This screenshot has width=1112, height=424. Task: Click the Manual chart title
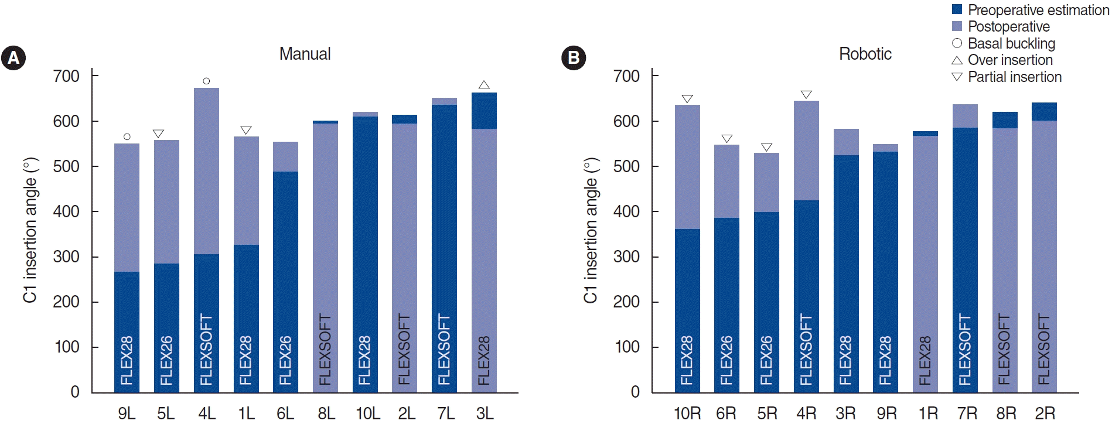coord(305,54)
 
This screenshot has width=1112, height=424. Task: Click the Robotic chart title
coord(865,54)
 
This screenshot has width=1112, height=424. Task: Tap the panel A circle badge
coord(13,58)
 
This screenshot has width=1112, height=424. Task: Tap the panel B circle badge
coord(574,58)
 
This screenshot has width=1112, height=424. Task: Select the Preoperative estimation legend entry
coord(1031,10)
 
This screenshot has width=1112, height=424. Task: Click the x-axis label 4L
coord(206,413)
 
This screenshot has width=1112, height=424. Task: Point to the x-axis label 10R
coord(687,413)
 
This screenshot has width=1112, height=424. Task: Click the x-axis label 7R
coord(967,413)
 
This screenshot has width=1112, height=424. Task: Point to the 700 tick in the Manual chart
coord(66,76)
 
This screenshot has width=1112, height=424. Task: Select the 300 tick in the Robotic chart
coord(626,257)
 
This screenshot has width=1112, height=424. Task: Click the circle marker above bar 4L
coord(206,81)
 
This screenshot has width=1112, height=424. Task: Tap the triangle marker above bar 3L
coord(484,85)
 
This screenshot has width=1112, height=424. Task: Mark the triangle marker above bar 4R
coord(806,94)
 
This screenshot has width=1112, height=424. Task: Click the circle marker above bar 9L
coord(127,136)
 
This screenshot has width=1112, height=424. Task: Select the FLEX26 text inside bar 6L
coord(285,360)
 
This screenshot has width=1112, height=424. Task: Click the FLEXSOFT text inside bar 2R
coord(1044,350)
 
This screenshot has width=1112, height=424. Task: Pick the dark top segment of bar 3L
coord(484,111)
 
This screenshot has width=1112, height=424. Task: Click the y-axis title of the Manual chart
coord(30,230)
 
